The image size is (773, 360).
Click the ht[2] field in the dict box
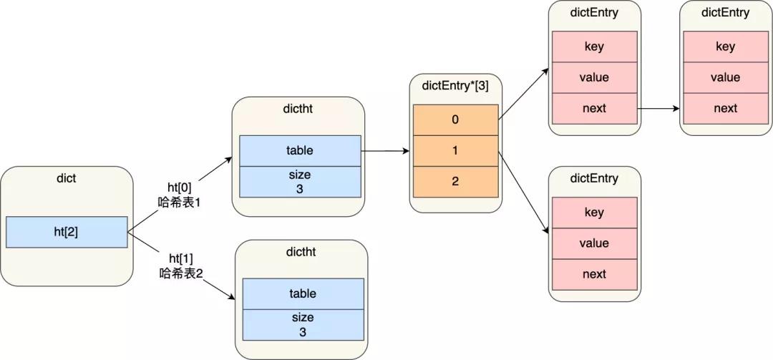pyautogui.click(x=67, y=232)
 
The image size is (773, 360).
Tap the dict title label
pyautogui.click(x=67, y=178)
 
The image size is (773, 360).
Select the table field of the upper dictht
pyautogui.click(x=300, y=151)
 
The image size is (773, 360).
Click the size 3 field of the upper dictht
pyautogui.click(x=300, y=181)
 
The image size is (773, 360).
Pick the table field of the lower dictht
pyautogui.click(x=303, y=293)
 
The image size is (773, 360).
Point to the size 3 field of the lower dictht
pyautogui.click(x=303, y=323)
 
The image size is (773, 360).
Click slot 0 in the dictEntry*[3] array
pyautogui.click(x=455, y=120)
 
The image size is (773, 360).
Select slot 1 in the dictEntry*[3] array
pyautogui.click(x=455, y=150)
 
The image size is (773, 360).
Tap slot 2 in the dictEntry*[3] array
pyautogui.click(x=455, y=181)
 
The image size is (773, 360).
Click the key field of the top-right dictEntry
pyautogui.click(x=725, y=47)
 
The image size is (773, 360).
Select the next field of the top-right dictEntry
pyautogui.click(x=725, y=108)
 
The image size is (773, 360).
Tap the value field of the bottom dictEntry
pyautogui.click(x=594, y=243)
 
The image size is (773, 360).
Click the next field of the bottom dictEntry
pyautogui.click(x=594, y=274)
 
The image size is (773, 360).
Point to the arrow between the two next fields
pyautogui.click(x=659, y=109)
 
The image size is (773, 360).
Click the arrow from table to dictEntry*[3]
pyautogui.click(x=386, y=151)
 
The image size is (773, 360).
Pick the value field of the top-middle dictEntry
pyautogui.click(x=594, y=77)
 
